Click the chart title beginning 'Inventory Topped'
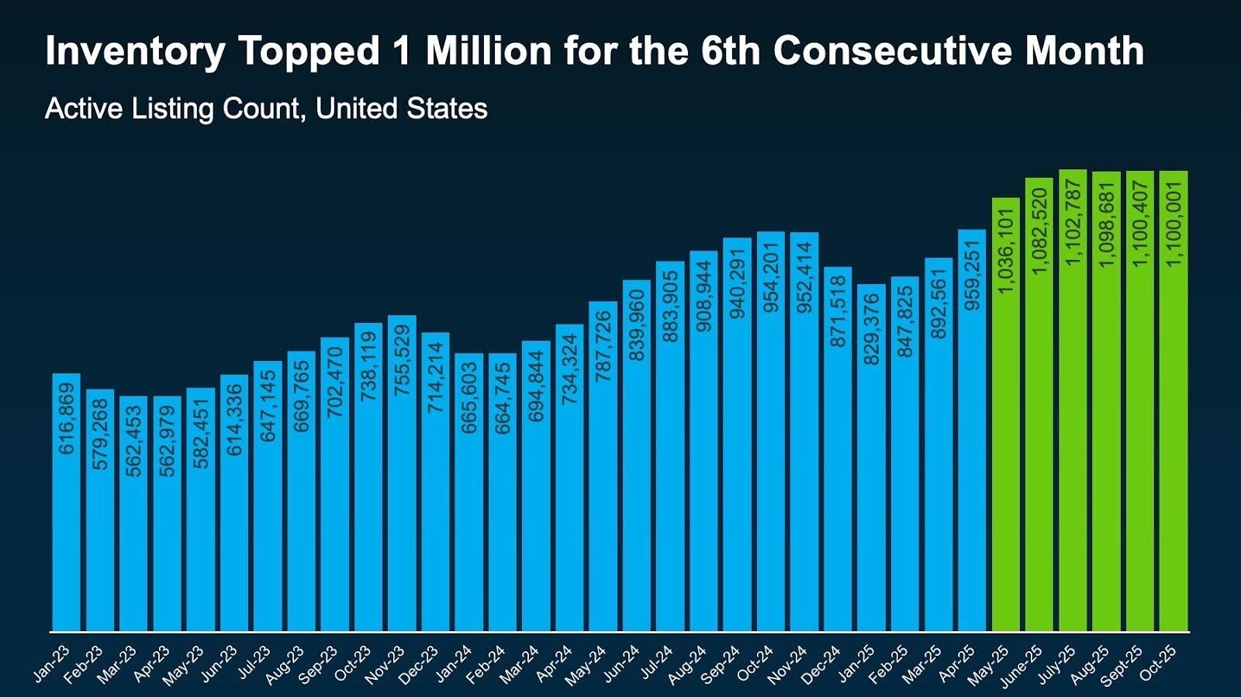[x=594, y=51]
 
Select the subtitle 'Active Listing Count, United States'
[x=266, y=109]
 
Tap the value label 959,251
[x=973, y=275]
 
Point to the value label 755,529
[x=402, y=361]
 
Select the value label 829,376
[x=872, y=329]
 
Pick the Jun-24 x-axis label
[x=621, y=664]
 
